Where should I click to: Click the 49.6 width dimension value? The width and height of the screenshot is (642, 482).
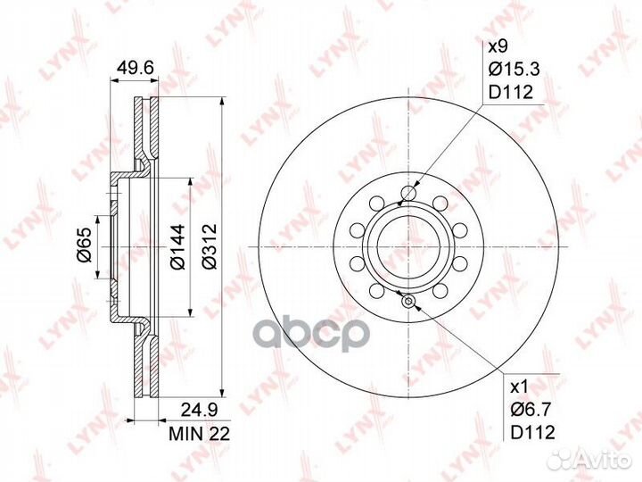[136, 68]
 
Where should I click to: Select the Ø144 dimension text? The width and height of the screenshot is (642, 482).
[178, 246]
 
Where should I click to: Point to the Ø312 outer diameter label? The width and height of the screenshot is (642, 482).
[210, 246]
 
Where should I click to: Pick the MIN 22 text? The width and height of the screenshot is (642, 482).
[200, 433]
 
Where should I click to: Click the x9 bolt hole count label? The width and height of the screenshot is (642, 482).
[498, 46]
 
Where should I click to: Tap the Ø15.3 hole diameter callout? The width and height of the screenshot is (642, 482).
[514, 69]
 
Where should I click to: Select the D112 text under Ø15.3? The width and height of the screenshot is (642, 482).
[511, 92]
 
